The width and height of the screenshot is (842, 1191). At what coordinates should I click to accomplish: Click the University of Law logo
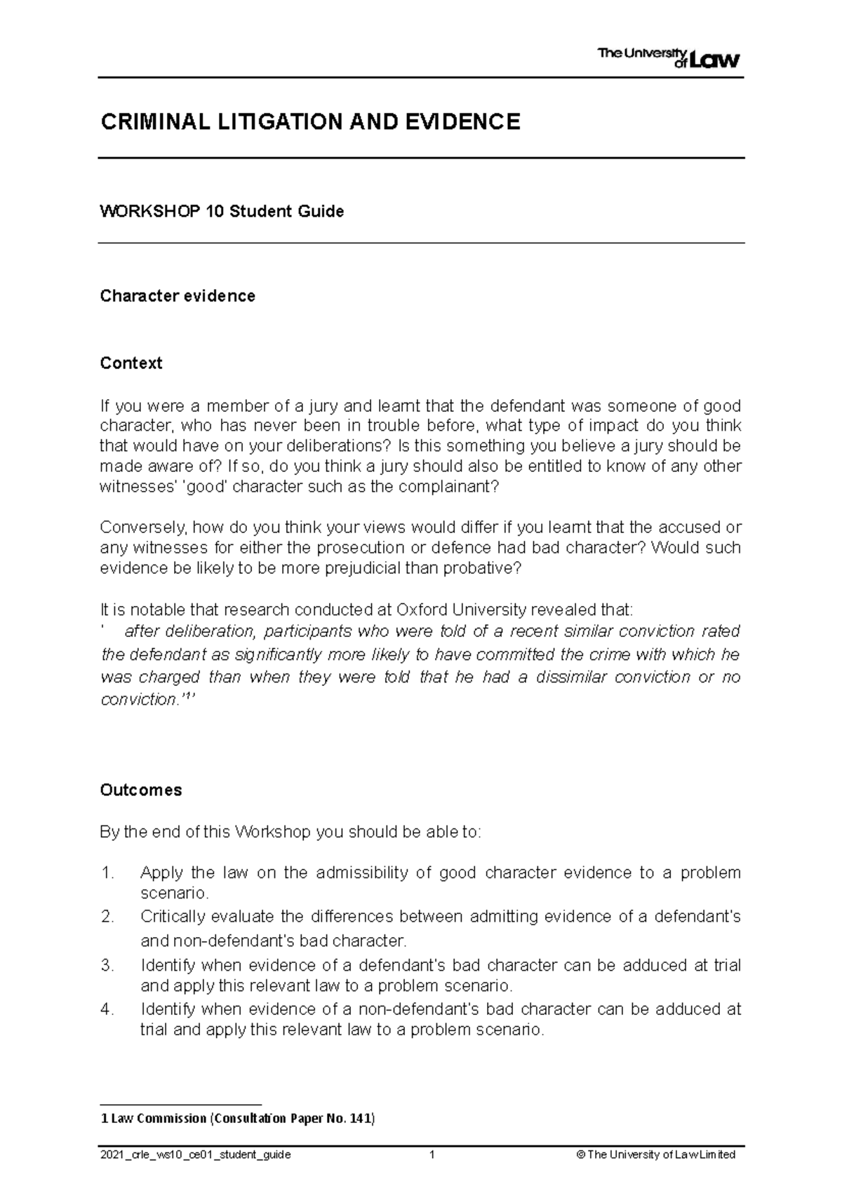[668, 58]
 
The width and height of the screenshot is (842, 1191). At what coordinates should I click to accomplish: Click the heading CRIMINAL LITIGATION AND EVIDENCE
[310, 122]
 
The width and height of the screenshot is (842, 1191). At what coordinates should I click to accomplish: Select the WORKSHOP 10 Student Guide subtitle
[222, 211]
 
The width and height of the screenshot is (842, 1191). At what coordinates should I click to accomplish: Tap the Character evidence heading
[178, 296]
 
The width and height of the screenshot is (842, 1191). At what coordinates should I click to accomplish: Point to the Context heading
[131, 363]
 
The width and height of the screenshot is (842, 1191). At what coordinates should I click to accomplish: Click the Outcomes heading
[140, 790]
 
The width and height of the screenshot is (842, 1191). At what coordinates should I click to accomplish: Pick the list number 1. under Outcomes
[107, 873]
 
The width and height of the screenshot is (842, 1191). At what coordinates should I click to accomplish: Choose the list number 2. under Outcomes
[107, 917]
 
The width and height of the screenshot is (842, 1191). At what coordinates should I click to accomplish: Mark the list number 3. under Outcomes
[107, 966]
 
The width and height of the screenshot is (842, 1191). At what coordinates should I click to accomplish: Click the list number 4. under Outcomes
[107, 1009]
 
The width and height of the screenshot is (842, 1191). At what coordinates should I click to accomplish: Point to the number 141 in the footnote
[360, 1119]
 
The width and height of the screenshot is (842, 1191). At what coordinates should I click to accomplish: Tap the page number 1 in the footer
[433, 1155]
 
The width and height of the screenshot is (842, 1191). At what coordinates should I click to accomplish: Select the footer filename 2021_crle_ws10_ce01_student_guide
[196, 1155]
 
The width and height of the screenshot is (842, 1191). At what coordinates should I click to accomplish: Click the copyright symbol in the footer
[580, 1155]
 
